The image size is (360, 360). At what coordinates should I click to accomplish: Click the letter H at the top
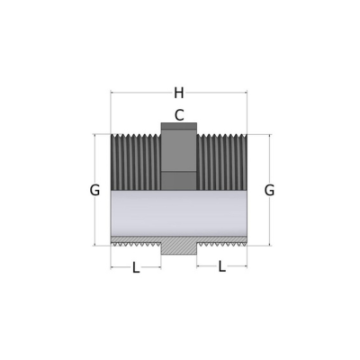point(179,93)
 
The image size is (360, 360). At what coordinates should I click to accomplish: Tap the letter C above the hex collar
point(179,115)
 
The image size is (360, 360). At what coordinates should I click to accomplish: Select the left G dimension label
point(94,190)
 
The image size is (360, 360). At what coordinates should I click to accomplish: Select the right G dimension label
point(269,190)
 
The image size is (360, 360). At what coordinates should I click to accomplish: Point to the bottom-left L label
point(136,267)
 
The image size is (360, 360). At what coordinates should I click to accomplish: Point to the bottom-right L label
point(221,266)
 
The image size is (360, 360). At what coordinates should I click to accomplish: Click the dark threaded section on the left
point(136,162)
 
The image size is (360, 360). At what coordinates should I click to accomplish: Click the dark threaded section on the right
point(222,162)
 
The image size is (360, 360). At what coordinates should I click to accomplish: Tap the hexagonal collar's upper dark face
point(179,150)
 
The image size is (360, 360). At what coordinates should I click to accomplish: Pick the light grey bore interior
point(179,213)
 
